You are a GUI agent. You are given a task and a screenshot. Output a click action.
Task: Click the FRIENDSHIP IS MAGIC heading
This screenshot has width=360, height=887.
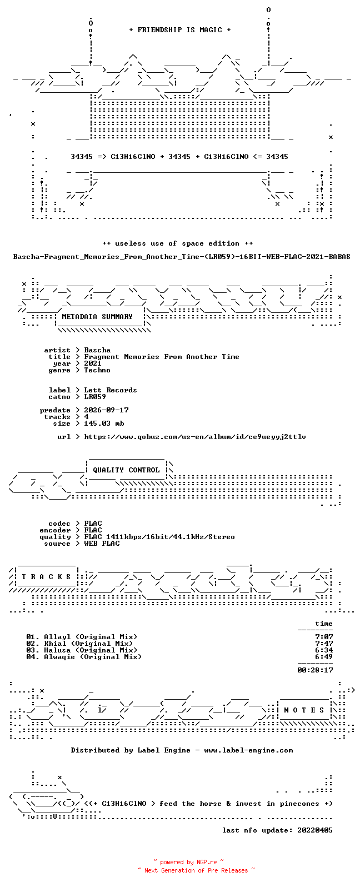pos(180,29)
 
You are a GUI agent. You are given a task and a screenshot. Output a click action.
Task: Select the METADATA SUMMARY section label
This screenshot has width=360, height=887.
pos(97,316)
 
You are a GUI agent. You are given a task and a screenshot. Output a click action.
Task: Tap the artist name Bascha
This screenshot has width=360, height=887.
pos(97,350)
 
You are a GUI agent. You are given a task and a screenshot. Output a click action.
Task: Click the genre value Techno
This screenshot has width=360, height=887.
pos(97,370)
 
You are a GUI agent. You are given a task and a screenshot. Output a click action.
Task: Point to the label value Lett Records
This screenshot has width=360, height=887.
pos(111,390)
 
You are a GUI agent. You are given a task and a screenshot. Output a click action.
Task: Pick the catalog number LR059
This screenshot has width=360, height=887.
pos(95,397)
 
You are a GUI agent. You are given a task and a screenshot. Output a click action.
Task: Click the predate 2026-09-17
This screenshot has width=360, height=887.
pos(106,410)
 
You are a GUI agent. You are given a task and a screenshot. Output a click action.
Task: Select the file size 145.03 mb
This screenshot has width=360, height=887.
pos(104,423)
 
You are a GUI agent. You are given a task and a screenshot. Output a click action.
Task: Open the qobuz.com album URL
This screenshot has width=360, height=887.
pos(195,437)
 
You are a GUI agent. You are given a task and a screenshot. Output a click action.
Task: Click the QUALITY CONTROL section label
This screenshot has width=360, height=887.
pos(126,470)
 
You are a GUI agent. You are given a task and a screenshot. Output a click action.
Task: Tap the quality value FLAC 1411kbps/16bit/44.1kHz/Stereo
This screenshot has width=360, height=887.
pos(159,537)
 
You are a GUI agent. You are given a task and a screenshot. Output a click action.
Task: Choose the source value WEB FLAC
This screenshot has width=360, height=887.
pos(102,544)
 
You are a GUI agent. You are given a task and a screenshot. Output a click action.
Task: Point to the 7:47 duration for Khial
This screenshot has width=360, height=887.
pos(324,644)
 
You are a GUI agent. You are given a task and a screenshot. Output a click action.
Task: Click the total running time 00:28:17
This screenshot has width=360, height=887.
pos(315,670)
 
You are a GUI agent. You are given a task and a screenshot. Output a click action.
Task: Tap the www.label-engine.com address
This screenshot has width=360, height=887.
pos(248,750)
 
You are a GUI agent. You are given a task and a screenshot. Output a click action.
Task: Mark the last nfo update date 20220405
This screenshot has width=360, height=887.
pos(315,830)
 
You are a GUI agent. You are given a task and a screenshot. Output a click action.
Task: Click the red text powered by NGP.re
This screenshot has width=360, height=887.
pos(188,862)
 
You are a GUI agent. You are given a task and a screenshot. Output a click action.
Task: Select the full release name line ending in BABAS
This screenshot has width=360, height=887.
pos(182,257)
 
